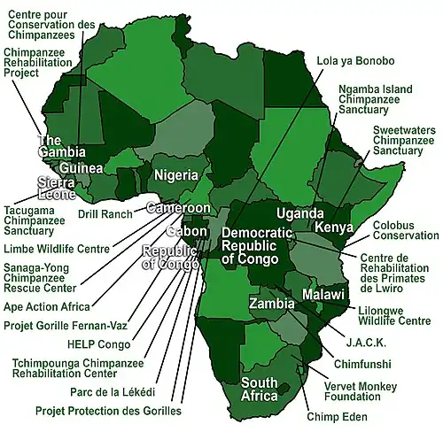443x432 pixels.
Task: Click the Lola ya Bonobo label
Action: (x=355, y=61)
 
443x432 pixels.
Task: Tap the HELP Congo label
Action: (x=97, y=343)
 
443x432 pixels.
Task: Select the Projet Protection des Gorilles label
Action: (x=108, y=411)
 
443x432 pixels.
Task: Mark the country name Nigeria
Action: (x=175, y=174)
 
